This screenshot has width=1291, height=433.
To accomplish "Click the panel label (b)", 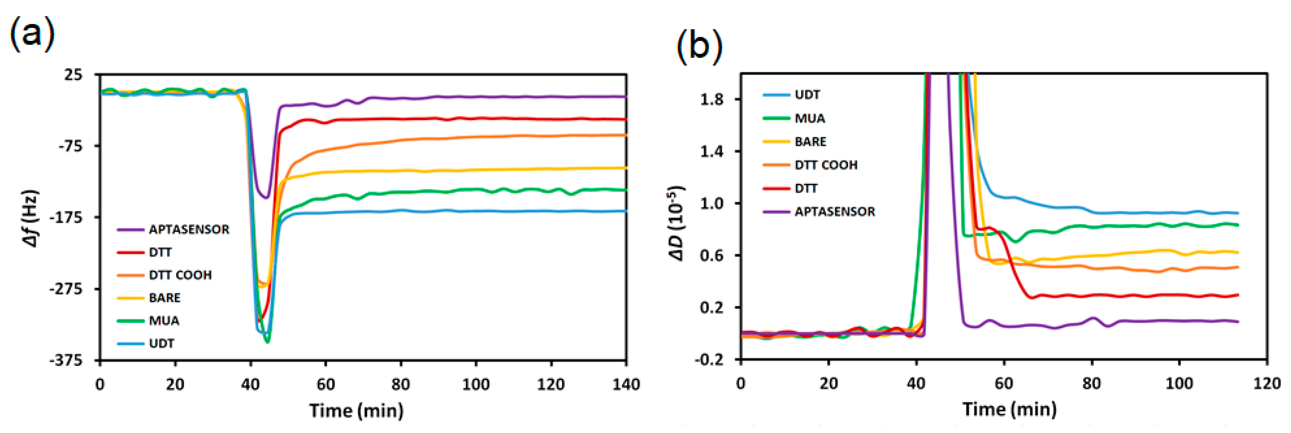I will click(700, 46).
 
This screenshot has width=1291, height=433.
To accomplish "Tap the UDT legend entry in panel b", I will click(807, 95).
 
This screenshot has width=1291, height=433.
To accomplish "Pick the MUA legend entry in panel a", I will click(164, 321).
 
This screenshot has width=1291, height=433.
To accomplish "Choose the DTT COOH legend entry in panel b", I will click(826, 165).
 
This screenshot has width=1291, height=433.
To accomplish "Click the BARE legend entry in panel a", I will click(164, 298).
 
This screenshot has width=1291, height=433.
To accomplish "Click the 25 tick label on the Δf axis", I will click(73, 75).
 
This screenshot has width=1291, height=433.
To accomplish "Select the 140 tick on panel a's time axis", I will click(626, 384).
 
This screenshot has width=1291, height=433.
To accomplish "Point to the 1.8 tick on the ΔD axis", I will click(712, 99).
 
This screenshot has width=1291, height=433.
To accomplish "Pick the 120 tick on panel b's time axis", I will click(1267, 383).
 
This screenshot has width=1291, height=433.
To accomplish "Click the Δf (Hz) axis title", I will click(31, 218).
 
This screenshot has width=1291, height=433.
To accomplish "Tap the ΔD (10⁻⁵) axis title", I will click(676, 223).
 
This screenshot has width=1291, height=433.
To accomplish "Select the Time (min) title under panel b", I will click(1009, 409).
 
